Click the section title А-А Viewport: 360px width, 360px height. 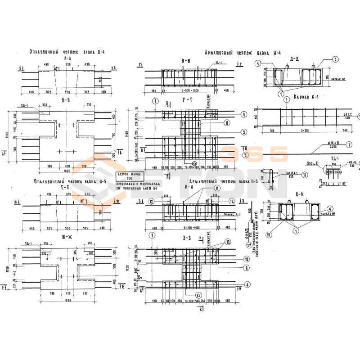(68, 58)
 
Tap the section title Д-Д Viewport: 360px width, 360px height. (295, 59)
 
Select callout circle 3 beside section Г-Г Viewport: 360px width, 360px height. (231, 132)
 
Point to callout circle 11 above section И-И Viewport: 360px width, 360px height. (218, 188)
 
